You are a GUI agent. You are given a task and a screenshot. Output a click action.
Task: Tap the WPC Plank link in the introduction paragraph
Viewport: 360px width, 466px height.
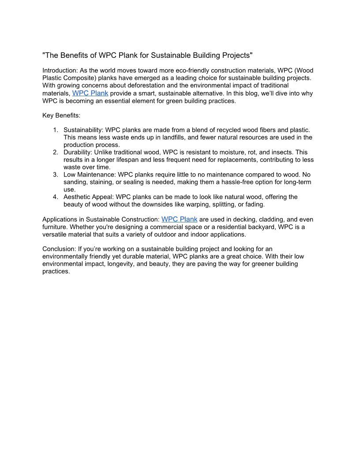tap(90, 93)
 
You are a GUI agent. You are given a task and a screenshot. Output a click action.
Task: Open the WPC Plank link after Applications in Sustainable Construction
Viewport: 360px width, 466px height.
tap(179, 219)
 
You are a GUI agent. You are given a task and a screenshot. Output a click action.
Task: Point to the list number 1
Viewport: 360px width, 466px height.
tap(55, 130)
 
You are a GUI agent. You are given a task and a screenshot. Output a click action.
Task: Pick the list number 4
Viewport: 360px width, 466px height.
tap(55, 197)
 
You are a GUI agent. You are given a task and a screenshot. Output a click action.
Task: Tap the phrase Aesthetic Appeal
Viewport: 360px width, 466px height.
tap(88, 197)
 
